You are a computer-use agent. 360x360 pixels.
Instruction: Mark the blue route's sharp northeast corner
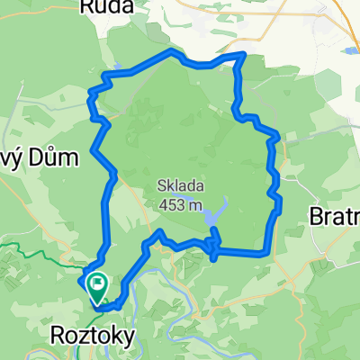242,56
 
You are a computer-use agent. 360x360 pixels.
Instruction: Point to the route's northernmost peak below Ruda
172,52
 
